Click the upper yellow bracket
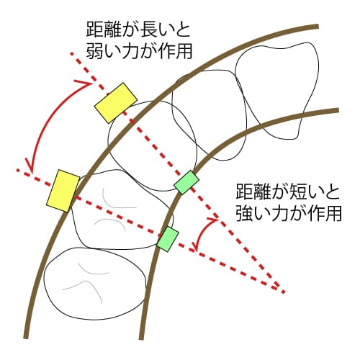coord(115,103)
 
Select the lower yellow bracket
coord(63,191)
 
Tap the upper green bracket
coord(186,182)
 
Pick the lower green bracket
coord(168,239)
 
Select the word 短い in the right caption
coord(298,192)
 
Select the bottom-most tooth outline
coord(95,284)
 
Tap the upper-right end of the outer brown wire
coord(318,26)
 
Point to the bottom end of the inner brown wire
coord(141,338)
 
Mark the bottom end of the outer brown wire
coord(26,337)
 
